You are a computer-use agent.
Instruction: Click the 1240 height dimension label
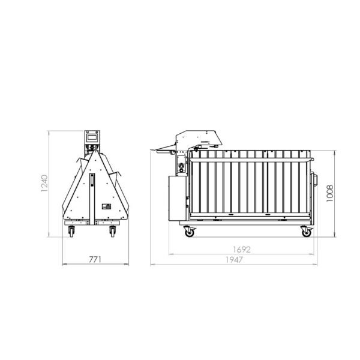point(44,184)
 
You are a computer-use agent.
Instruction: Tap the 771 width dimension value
point(95,260)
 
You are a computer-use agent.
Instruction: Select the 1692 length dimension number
point(242,250)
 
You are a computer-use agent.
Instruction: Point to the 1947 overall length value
point(234,260)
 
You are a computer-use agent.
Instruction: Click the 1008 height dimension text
point(329,193)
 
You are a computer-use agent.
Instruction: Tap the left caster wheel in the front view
point(71,232)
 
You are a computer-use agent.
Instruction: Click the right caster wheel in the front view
point(113,232)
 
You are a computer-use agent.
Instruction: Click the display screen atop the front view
point(92,137)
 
